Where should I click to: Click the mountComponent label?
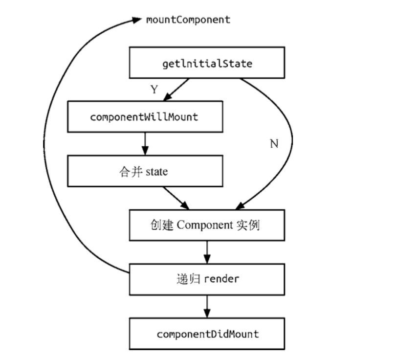coord(188,20)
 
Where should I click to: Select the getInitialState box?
coord(207,63)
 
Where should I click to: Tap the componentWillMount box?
coord(145,116)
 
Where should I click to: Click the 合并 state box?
coord(145,171)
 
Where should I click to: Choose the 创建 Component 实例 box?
coord(207,225)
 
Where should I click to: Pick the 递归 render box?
coord(207,279)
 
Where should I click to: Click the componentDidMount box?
coord(207,334)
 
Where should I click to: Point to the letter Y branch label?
coord(154,89)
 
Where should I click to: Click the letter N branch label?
coord(274,144)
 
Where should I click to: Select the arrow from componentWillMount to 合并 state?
coord(145,144)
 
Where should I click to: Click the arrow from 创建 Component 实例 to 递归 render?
coord(207,252)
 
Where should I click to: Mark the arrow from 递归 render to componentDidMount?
coord(207,307)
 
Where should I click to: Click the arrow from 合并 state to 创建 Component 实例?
coord(176,198)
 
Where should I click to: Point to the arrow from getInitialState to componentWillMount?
coord(176,90)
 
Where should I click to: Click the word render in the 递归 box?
coord(221,279)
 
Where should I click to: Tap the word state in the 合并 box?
coord(157,172)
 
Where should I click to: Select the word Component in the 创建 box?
coord(205,225)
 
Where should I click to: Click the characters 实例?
coord(248,225)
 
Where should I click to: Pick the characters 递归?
coord(188,279)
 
